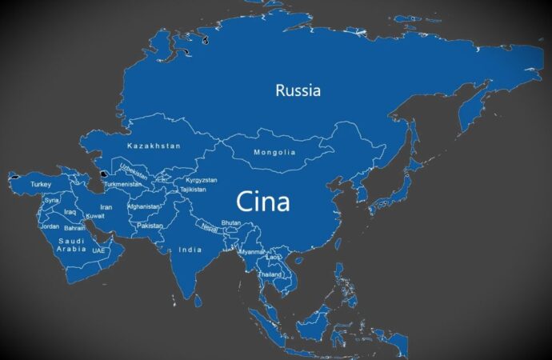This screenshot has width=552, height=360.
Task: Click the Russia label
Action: pyautogui.click(x=298, y=90)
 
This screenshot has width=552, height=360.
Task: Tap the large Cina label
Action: pyautogui.click(x=262, y=201)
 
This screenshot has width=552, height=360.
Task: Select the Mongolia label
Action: pyautogui.click(x=274, y=152)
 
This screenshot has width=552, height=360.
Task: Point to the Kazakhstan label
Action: pyautogui.click(x=154, y=146)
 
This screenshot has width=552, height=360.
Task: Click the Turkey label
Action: pyautogui.click(x=41, y=185)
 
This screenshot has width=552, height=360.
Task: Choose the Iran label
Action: pyautogui.click(x=106, y=206)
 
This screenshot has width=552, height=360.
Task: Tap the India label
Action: pyautogui.click(x=190, y=250)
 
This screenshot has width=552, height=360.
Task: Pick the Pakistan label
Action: pyautogui.click(x=150, y=226)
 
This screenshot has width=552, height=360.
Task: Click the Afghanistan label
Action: pyautogui.click(x=144, y=206)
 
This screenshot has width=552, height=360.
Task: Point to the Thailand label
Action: pyautogui.click(x=270, y=274)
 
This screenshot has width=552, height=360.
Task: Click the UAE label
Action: pyautogui.click(x=98, y=250)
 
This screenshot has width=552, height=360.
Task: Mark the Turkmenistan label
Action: pyautogui.click(x=122, y=185)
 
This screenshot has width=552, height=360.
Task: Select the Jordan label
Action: pyautogui.click(x=50, y=226)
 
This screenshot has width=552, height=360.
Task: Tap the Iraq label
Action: pyautogui.click(x=70, y=212)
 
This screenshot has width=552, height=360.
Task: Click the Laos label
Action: pyautogui.click(x=274, y=257)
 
